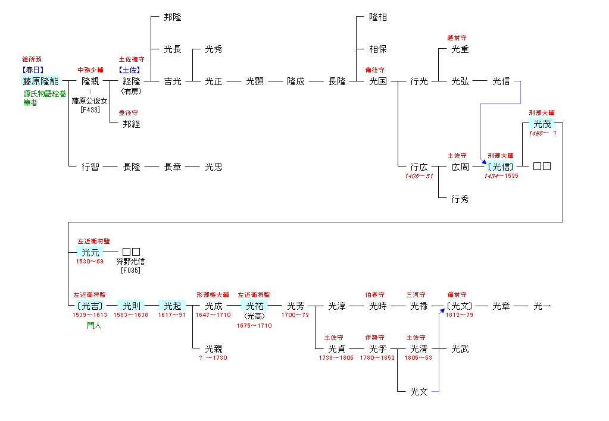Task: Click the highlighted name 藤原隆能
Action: (40, 81)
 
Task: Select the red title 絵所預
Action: (33, 59)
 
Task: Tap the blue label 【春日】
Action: (33, 70)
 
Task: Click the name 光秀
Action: (214, 49)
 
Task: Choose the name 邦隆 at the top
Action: (173, 17)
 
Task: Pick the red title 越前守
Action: (458, 38)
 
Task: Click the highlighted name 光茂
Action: (542, 124)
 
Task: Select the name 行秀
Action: (460, 199)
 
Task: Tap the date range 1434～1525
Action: (501, 176)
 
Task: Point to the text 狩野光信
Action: (131, 261)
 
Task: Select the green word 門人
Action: (94, 325)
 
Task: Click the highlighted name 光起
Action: (172, 306)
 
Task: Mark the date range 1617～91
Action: (172, 315)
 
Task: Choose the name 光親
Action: (214, 348)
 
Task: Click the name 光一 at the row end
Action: (542, 306)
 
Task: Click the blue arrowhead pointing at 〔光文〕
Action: (442, 310)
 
